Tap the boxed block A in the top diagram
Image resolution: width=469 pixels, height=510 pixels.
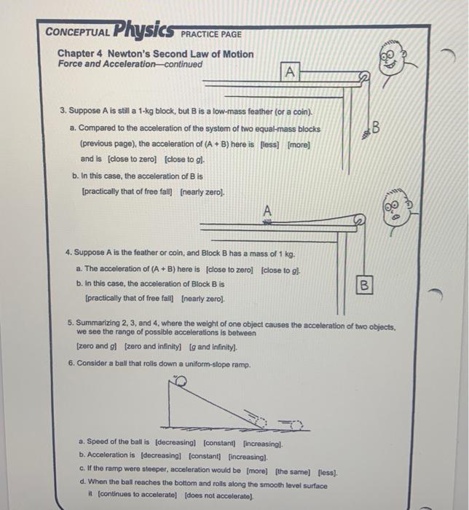click(x=291, y=71)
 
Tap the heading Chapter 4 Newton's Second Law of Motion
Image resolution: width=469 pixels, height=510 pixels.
click(x=156, y=54)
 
